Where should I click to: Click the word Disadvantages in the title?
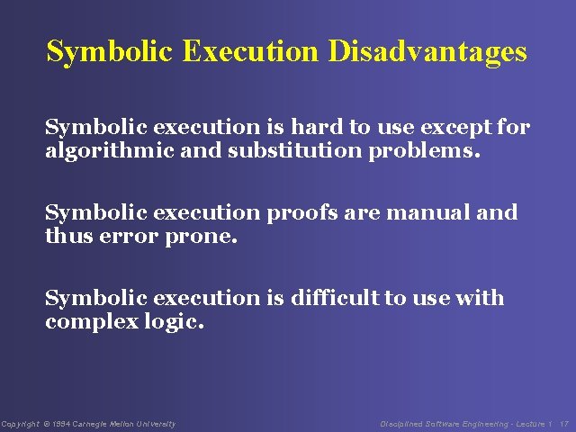point(427,51)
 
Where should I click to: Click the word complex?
point(93,320)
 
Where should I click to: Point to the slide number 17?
point(563,424)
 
